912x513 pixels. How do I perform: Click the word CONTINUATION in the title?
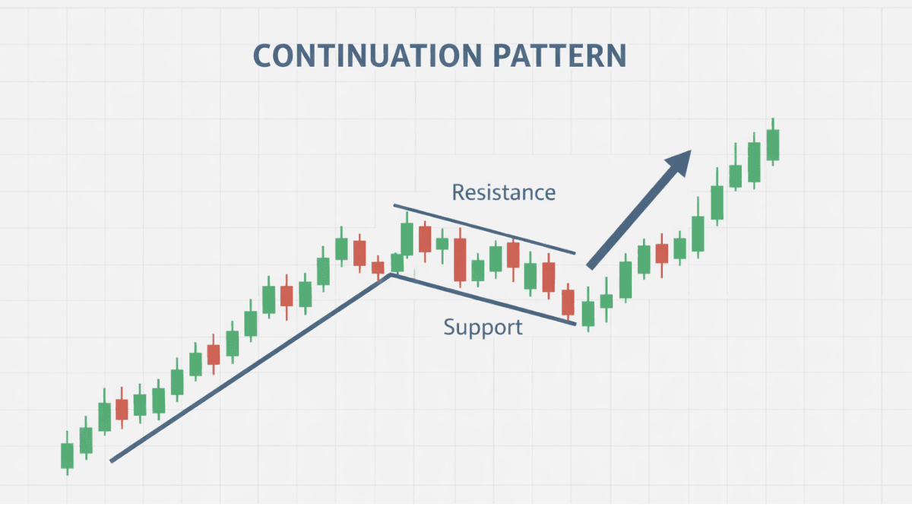(x=368, y=55)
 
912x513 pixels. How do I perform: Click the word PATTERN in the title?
(x=559, y=55)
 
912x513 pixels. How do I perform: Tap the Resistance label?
(x=504, y=192)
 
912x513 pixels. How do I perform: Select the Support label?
(x=483, y=328)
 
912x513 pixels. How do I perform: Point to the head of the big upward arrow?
(x=680, y=161)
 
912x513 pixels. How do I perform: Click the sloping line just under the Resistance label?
(x=485, y=230)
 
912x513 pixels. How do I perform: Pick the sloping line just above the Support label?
(x=483, y=299)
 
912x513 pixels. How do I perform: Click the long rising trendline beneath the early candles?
(x=250, y=368)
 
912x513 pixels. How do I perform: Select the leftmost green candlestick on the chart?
(x=67, y=453)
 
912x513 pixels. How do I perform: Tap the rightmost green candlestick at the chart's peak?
(x=773, y=143)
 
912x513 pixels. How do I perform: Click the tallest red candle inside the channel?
(x=460, y=259)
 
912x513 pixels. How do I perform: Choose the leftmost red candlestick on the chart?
(x=122, y=408)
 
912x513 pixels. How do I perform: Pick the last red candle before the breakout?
(x=568, y=302)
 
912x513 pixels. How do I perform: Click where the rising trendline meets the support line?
(x=391, y=275)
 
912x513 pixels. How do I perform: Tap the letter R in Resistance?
(x=459, y=192)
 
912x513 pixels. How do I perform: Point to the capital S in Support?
(x=449, y=327)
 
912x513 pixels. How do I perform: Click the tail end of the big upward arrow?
(x=590, y=266)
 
